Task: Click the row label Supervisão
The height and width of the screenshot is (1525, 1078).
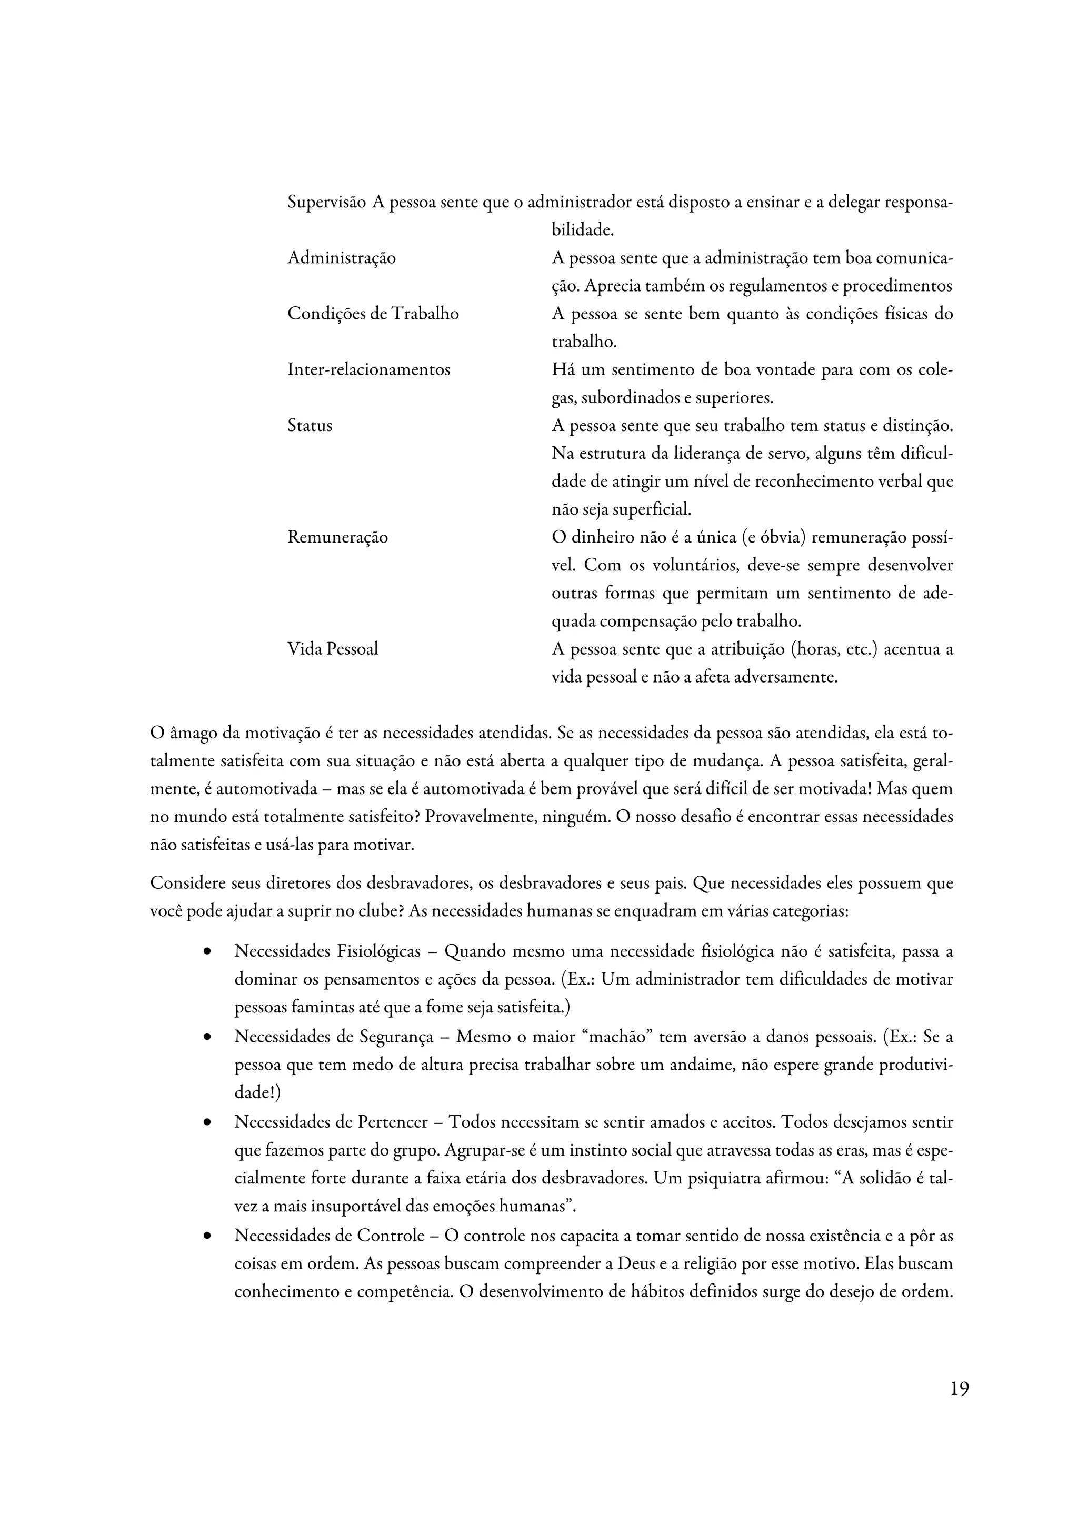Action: pos(326,202)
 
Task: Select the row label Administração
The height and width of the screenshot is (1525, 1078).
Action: pos(342,258)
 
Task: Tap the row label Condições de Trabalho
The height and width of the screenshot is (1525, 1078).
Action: pos(373,314)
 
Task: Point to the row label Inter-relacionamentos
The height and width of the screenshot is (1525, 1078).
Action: pos(368,369)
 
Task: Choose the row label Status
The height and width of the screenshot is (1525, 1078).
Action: pos(310,425)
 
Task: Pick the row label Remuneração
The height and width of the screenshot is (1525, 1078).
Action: pos(337,537)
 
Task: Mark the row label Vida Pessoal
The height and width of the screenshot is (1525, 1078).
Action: pos(333,648)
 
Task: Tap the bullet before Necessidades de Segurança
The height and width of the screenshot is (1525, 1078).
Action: pos(208,1037)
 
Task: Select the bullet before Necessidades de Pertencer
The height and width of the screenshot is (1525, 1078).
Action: pos(208,1122)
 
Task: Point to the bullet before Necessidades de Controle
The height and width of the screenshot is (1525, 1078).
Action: pos(208,1236)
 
